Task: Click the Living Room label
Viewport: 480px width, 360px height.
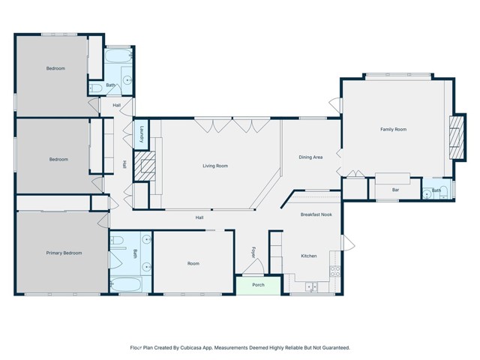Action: pyautogui.click(x=215, y=166)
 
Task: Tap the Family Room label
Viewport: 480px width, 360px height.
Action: pyautogui.click(x=393, y=130)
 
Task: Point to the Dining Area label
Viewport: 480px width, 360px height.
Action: pyautogui.click(x=310, y=157)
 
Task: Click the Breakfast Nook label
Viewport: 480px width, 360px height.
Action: pyautogui.click(x=316, y=215)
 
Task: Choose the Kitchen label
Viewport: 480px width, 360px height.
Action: pyautogui.click(x=309, y=256)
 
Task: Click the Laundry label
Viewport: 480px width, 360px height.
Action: pyautogui.click(x=141, y=134)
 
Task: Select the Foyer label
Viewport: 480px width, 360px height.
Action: pyautogui.click(x=253, y=252)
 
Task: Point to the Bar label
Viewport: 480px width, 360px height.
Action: pyautogui.click(x=395, y=190)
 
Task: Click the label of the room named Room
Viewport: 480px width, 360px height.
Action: pyautogui.click(x=193, y=263)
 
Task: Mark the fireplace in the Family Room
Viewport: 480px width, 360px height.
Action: pyautogui.click(x=454, y=138)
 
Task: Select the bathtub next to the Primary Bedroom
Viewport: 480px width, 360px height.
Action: pyautogui.click(x=130, y=285)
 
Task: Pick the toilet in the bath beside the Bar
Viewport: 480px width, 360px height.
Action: pyautogui.click(x=427, y=190)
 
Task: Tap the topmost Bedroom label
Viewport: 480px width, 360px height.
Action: pyautogui.click(x=55, y=69)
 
